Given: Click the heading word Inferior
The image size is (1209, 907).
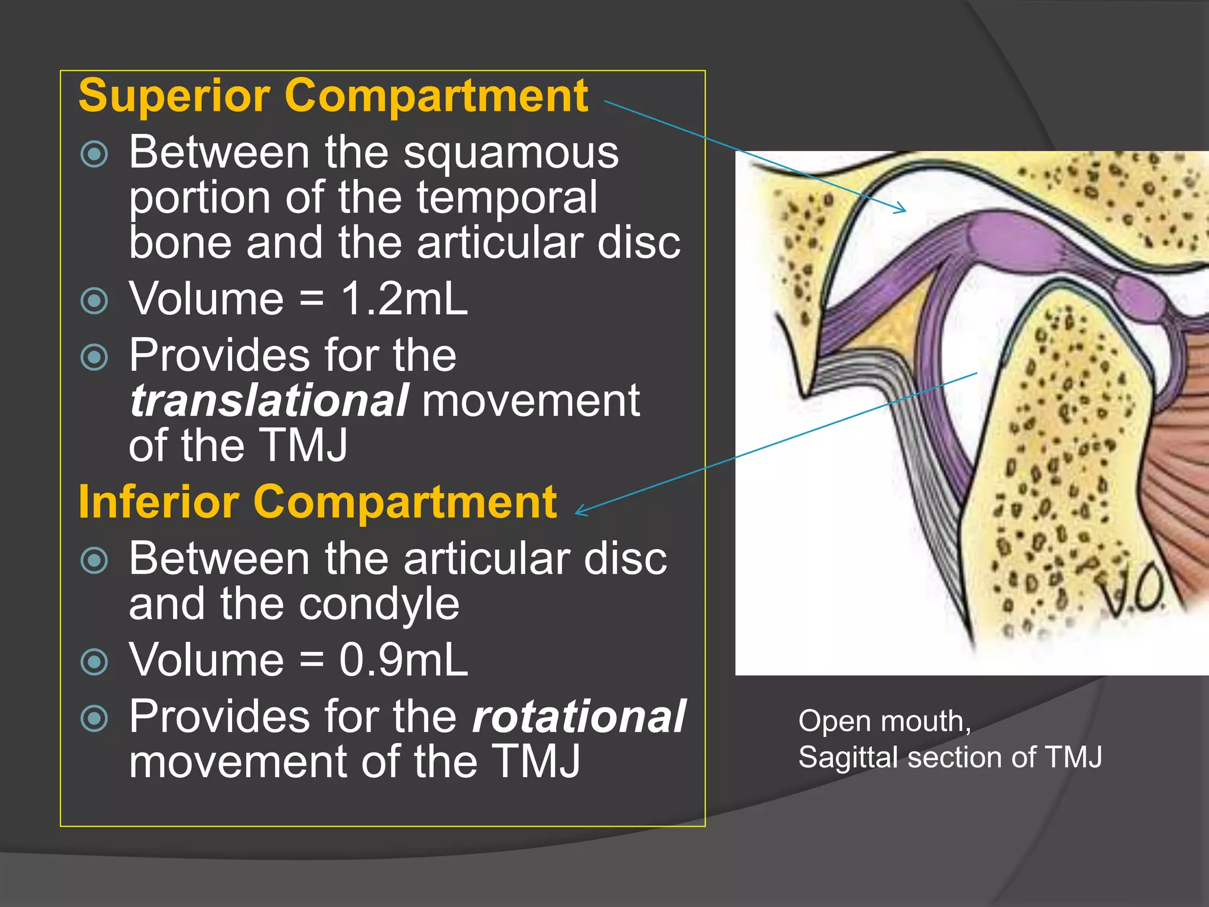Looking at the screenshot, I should (x=159, y=502).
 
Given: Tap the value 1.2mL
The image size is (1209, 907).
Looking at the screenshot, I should (x=404, y=298).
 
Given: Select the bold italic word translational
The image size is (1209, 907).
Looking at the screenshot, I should (x=269, y=400).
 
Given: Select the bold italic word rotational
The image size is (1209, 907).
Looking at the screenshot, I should (x=579, y=716).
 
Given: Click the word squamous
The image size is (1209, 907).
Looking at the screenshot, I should (x=511, y=152).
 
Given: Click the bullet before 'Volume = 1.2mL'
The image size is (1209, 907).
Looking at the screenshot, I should (x=94, y=301).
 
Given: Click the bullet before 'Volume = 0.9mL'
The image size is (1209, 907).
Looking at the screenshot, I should (x=94, y=661).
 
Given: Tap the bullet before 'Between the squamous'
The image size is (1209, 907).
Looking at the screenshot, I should (x=94, y=155).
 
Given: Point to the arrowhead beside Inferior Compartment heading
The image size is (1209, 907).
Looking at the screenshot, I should (x=581, y=511).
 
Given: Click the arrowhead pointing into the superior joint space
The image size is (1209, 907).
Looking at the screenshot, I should (x=901, y=208).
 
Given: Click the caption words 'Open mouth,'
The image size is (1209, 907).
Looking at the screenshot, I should (x=884, y=721).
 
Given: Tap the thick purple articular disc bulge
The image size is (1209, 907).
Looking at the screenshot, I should (x=998, y=239).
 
